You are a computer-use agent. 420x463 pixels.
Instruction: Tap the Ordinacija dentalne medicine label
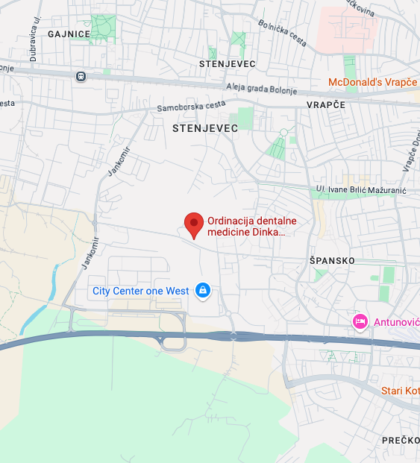[251, 227]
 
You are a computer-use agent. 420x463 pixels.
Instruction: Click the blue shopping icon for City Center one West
[202, 290]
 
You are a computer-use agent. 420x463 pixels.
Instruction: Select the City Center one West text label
[140, 291]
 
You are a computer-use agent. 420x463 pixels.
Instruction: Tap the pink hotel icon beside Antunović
[360, 321]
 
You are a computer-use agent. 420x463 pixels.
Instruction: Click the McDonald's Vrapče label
[374, 82]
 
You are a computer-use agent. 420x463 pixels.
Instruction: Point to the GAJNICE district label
[69, 34]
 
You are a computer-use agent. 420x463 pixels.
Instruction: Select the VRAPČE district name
[326, 105]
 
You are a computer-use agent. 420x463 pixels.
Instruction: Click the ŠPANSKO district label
[332, 260]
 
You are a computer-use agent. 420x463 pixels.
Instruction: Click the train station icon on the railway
[80, 76]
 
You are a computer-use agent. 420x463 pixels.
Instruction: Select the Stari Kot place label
[401, 391]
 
